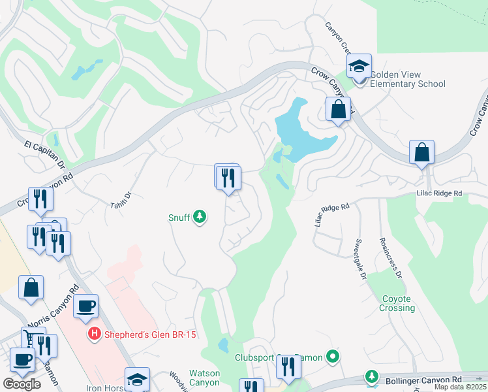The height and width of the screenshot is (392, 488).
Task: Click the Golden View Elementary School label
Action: point(408,78)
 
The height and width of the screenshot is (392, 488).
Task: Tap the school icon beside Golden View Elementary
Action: point(358,67)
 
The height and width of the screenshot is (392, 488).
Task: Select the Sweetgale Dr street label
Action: point(359,259)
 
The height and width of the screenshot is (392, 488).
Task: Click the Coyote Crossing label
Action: point(397,303)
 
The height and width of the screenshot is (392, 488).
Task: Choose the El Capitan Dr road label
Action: point(46,154)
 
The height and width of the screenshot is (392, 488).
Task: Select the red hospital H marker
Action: point(95,335)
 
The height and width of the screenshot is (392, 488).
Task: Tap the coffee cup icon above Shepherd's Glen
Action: point(85,306)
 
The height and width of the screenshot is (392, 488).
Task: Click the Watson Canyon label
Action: point(204,378)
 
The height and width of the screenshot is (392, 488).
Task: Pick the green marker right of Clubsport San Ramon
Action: point(333,357)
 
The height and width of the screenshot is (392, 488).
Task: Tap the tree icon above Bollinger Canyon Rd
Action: point(372,376)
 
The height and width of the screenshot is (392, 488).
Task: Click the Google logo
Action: point(22,384)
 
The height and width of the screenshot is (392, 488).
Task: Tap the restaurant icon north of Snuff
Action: point(228,177)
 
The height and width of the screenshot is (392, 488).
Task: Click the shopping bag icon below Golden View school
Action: point(338,109)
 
